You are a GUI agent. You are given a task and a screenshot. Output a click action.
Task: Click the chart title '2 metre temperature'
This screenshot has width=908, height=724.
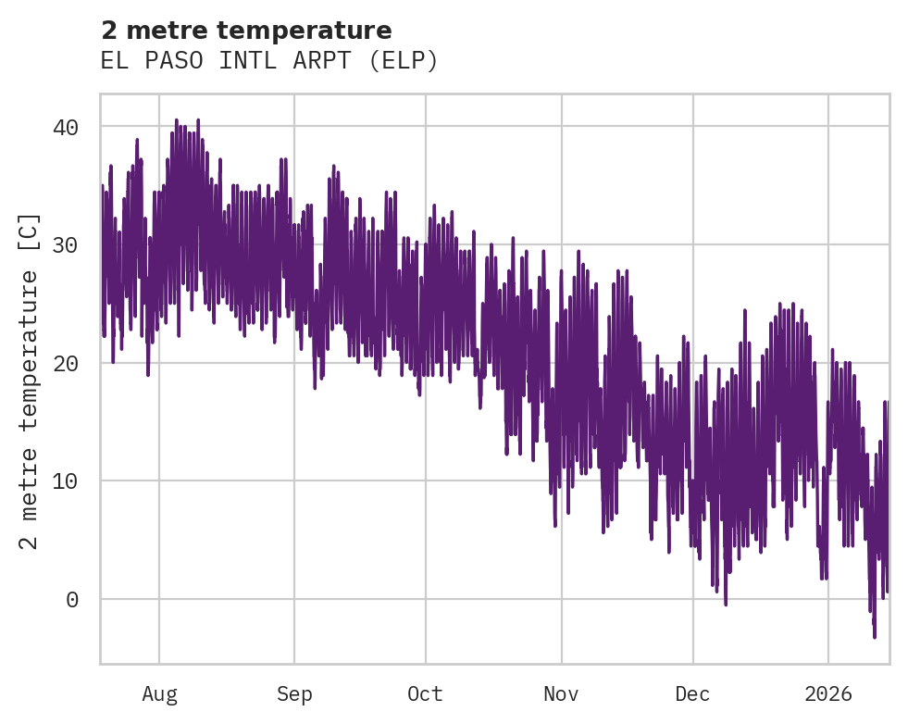(x=246, y=31)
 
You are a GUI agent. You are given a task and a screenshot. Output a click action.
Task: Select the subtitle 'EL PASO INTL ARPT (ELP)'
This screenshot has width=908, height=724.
(x=268, y=61)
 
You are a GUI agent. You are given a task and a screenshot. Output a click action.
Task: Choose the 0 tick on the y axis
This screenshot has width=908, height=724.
(x=72, y=600)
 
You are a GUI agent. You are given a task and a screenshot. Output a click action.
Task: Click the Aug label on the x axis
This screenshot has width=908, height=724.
(x=159, y=693)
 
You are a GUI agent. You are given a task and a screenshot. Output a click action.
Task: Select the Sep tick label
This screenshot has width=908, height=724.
(x=294, y=693)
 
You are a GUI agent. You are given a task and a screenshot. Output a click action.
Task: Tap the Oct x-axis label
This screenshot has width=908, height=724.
(x=425, y=693)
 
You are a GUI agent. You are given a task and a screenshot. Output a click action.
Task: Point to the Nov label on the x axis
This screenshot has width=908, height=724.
(x=561, y=693)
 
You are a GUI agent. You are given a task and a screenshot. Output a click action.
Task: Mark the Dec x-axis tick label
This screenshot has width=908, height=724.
(x=692, y=693)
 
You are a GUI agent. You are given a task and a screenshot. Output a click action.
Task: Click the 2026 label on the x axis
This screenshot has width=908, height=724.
(x=827, y=693)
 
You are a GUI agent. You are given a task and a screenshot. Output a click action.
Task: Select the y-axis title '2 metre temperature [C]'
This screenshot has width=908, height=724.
(x=30, y=381)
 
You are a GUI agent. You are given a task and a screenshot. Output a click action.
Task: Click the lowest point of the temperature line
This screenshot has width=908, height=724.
(x=874, y=637)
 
